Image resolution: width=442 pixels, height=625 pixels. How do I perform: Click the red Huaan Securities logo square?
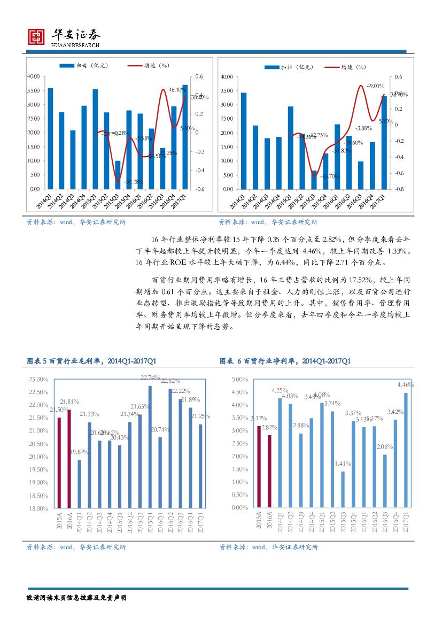pos(36,36)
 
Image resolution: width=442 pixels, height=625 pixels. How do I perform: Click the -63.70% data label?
pos(330,176)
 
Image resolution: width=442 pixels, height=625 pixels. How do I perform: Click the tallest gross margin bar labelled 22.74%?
pos(150,446)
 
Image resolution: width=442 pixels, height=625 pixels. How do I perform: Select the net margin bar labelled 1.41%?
pos(343,489)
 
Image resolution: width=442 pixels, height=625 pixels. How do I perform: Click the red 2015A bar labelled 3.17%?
pos(259,466)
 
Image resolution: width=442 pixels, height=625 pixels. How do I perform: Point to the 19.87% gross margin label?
pos(79,452)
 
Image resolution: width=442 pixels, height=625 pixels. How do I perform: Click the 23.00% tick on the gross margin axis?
pos(38,379)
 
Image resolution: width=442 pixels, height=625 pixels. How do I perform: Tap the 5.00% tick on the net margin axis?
pos(239,379)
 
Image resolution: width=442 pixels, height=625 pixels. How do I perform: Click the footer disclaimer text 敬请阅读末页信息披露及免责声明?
pos(76,597)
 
